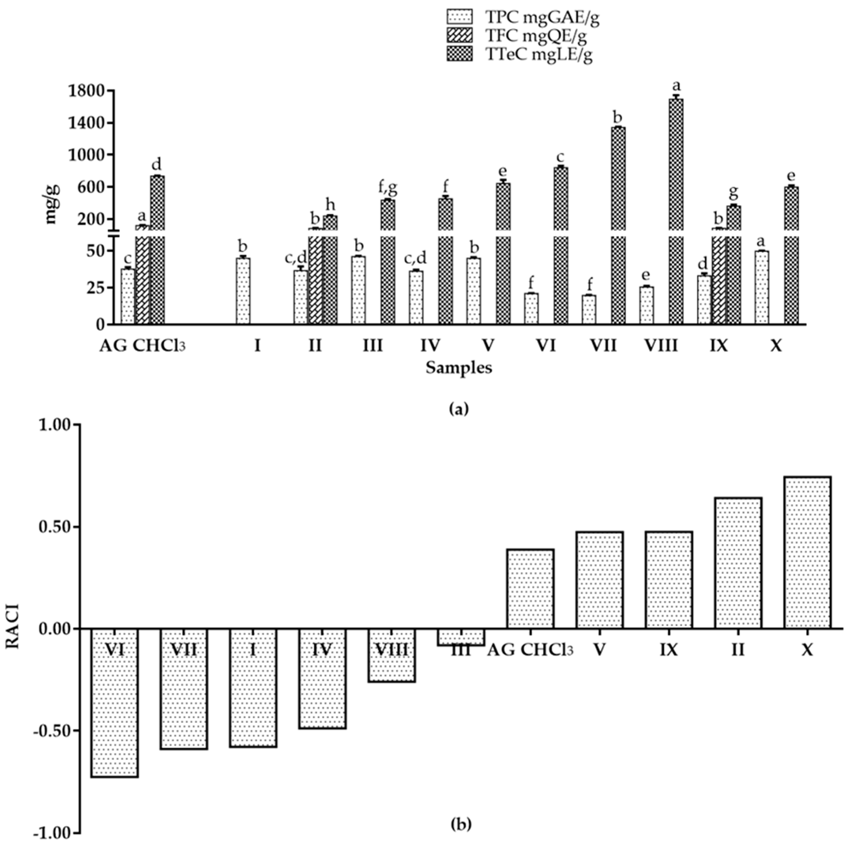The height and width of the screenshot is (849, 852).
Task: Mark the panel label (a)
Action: (459, 409)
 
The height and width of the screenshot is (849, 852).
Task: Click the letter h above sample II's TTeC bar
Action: (330, 205)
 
